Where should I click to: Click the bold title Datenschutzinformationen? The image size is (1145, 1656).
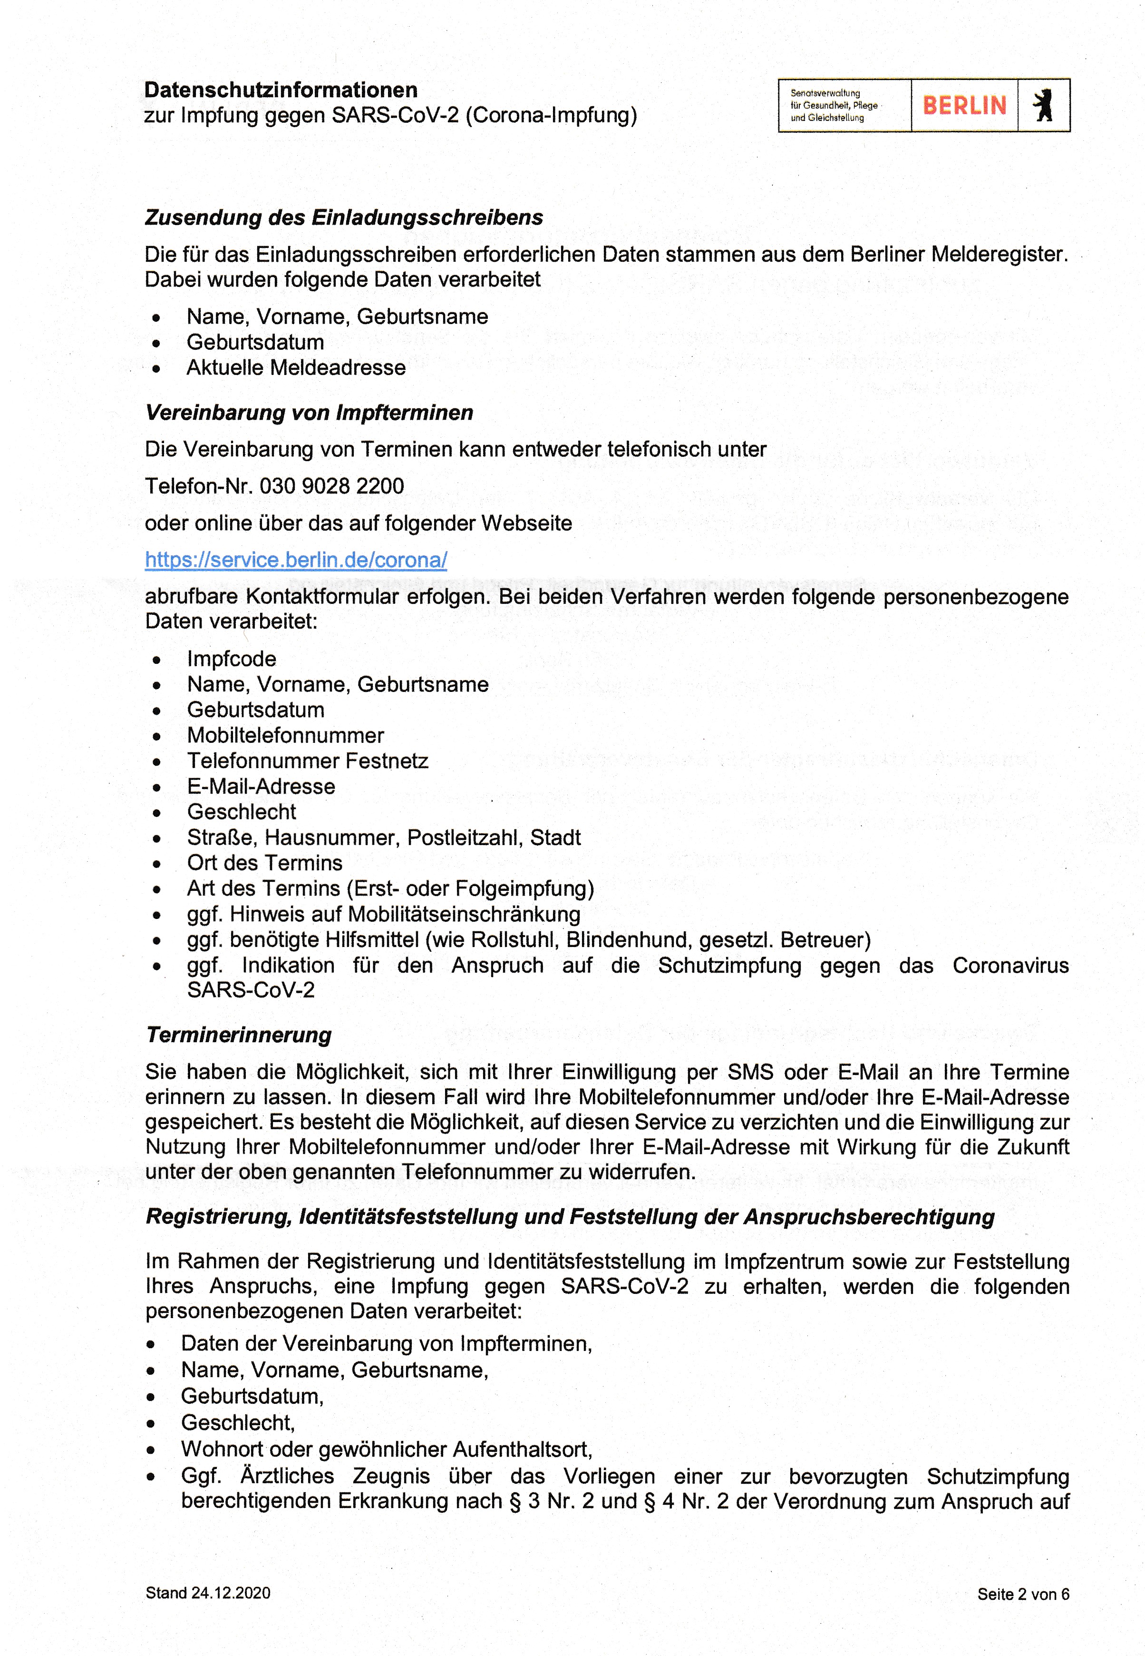pyautogui.click(x=281, y=90)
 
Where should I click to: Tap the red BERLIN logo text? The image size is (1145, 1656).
pyautogui.click(x=964, y=106)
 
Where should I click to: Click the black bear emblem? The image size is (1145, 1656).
pyautogui.click(x=1044, y=106)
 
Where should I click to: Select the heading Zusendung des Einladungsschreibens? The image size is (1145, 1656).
pyautogui.click(x=344, y=217)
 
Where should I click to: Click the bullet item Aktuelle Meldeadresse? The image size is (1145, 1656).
pyautogui.click(x=296, y=367)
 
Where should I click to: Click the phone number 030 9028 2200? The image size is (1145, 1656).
pyautogui.click(x=331, y=486)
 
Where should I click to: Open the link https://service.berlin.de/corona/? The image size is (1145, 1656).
pyautogui.click(x=296, y=560)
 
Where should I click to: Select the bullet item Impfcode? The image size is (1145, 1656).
pyautogui.click(x=231, y=659)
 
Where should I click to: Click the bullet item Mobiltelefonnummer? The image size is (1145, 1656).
pyautogui.click(x=285, y=735)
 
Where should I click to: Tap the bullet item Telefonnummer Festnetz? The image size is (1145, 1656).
pyautogui.click(x=307, y=761)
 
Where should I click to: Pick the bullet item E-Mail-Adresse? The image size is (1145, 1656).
pyautogui.click(x=261, y=786)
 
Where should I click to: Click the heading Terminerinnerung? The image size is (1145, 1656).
pyautogui.click(x=239, y=1035)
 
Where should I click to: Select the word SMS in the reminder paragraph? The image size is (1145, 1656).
pyautogui.click(x=750, y=1073)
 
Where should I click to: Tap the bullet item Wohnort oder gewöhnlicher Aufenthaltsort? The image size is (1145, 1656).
pyautogui.click(x=386, y=1449)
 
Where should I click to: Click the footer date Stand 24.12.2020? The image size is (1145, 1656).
pyautogui.click(x=208, y=1593)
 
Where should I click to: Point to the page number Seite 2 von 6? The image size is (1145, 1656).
pyautogui.click(x=1023, y=1594)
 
